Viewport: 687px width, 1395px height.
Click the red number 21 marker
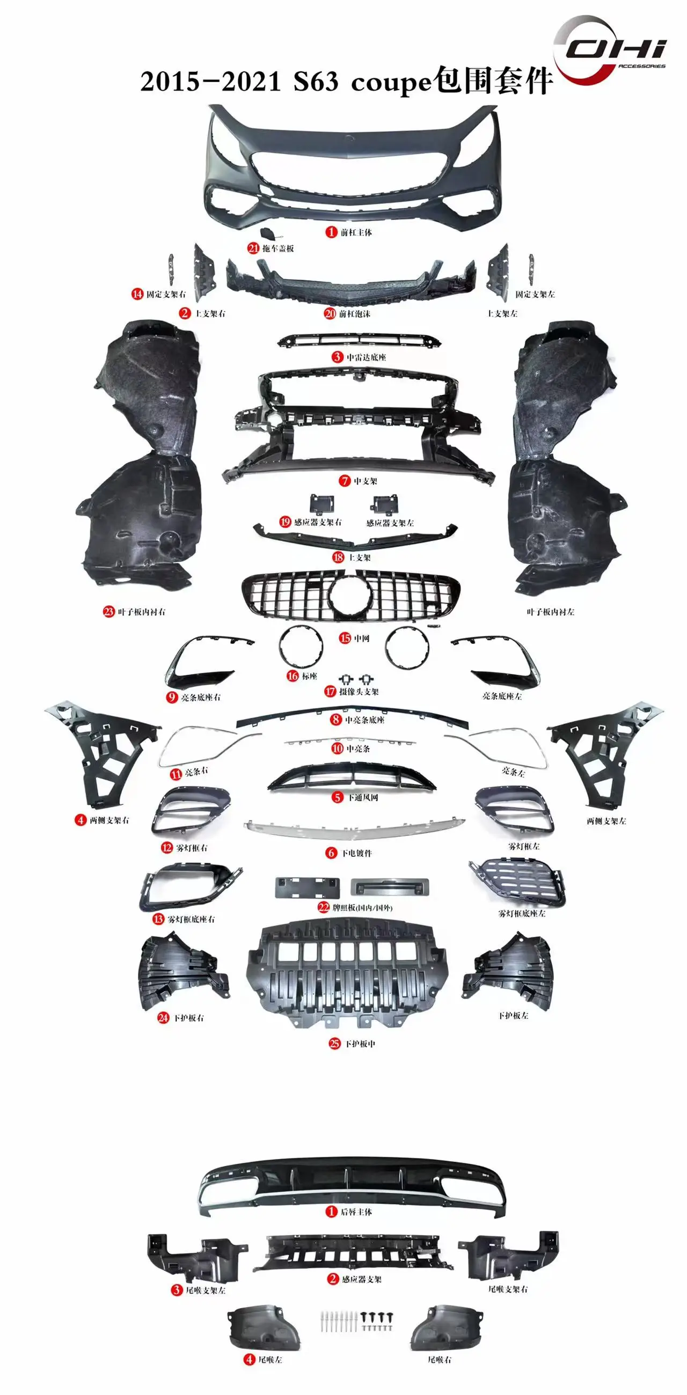(253, 248)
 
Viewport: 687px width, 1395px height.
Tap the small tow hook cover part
(269, 235)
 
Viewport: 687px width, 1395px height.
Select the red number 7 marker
(345, 481)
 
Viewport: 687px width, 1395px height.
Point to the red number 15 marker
(345, 638)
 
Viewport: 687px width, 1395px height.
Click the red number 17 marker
(330, 692)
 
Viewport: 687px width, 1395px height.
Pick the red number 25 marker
(335, 1044)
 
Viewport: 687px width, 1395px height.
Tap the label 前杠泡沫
(355, 313)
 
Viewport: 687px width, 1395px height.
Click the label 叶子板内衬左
(551, 612)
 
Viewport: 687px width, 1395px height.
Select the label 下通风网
(363, 798)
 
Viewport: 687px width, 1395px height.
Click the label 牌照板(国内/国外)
(362, 908)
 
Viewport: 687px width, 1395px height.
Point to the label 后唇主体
(356, 1212)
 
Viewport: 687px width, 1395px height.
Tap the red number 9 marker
(172, 697)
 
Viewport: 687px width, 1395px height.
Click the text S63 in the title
(316, 82)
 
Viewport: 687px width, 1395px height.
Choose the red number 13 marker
(158, 919)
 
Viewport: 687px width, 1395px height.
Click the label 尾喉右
(440, 1360)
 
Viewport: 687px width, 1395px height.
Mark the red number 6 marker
(331, 853)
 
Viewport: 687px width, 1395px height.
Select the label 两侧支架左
(606, 821)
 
